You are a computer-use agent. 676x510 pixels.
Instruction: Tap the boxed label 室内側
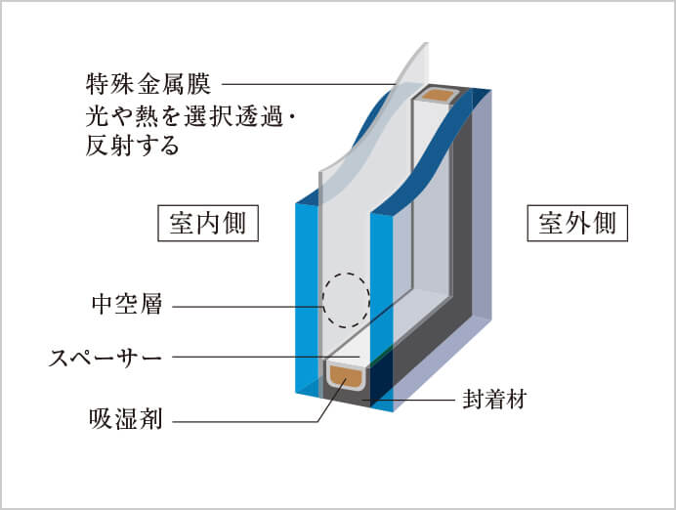(x=207, y=224)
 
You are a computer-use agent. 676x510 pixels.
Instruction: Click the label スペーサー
(x=106, y=358)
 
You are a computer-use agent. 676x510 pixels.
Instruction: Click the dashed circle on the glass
(x=346, y=299)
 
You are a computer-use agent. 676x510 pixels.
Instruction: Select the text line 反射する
(x=133, y=148)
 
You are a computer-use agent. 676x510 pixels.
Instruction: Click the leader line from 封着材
(x=410, y=400)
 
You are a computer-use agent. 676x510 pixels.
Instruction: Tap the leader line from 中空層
(x=244, y=307)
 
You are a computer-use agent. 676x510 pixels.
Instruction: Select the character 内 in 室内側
(x=207, y=224)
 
